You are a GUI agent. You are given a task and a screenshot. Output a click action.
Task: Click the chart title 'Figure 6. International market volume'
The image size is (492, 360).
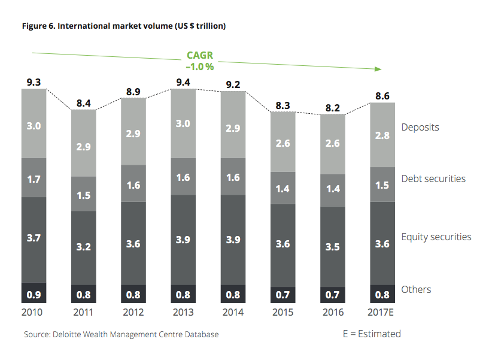coord(123,26)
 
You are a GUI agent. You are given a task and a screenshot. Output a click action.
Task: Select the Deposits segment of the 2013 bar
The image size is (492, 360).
coord(183,124)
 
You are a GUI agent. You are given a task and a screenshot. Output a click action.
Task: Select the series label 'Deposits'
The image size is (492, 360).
coord(420,127)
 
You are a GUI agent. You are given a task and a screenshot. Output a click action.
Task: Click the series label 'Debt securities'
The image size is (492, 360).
coord(433,178)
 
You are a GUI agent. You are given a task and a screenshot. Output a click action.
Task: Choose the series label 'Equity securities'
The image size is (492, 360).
coord(436,237)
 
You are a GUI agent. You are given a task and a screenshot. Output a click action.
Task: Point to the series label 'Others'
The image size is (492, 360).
coord(416,289)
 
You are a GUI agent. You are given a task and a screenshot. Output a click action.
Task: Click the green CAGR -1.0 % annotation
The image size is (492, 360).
coord(199,61)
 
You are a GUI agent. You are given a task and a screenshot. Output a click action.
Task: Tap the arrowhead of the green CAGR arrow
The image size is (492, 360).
coord(378,69)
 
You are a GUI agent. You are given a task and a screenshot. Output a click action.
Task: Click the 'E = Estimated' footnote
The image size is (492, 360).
coord(372,334)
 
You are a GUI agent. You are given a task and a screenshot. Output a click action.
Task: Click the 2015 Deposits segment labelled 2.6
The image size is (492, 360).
coord(283,144)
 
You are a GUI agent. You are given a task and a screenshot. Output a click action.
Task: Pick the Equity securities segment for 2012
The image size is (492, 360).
coord(133,243)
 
